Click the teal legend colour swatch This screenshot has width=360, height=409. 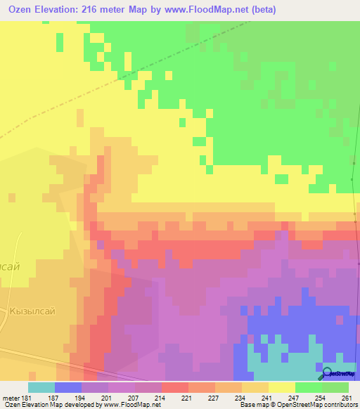[x=41, y=387]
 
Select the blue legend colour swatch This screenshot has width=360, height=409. [x=68, y=387]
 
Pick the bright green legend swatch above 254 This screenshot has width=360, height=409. [x=309, y=387]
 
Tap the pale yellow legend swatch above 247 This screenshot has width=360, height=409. [x=282, y=387]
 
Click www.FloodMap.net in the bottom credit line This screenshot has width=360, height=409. [x=136, y=405]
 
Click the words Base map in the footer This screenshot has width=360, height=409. [x=250, y=405]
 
